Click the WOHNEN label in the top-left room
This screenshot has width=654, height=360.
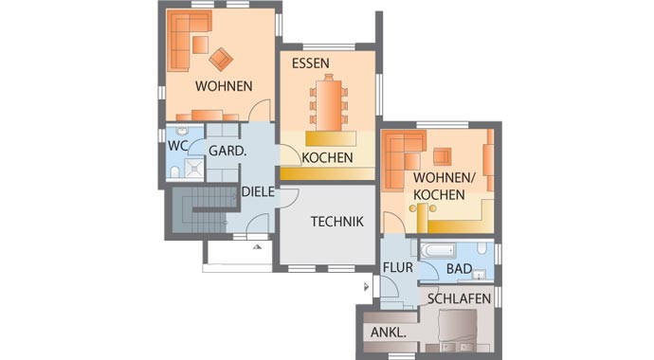[x=224, y=86]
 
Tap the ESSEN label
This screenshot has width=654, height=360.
[x=310, y=63]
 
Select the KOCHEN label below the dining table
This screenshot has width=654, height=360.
[x=327, y=158]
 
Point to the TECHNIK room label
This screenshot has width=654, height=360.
[x=337, y=222]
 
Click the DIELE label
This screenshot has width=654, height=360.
[x=258, y=192]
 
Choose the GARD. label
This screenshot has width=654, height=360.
[x=227, y=151]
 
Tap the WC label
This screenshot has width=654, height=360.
[x=177, y=146]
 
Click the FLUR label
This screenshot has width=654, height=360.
[x=398, y=267]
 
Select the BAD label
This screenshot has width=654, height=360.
[x=459, y=269]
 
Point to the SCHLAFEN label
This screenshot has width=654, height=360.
[x=459, y=298]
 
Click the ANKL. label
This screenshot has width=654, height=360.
[x=389, y=333]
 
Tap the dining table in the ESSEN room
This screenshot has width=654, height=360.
[x=329, y=103]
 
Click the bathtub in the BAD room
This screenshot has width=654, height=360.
[x=438, y=251]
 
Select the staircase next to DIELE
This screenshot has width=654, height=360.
[x=205, y=209]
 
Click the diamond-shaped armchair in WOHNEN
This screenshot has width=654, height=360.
[x=221, y=59]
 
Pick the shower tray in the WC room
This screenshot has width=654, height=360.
[x=194, y=168]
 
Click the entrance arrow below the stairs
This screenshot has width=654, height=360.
[x=258, y=246]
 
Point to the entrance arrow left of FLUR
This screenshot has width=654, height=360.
[x=366, y=287]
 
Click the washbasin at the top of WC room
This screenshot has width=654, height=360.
[x=182, y=132]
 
